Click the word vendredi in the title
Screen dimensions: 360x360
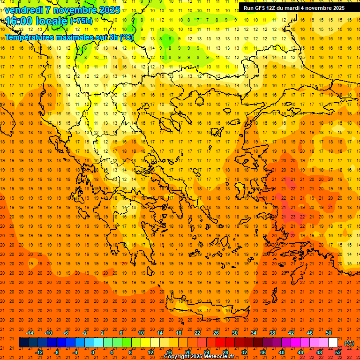pyautogui.click(x=24, y=9)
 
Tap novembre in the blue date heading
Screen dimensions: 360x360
pyautogui.click(x=72, y=9)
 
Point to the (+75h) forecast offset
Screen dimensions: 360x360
pyautogui.click(x=81, y=21)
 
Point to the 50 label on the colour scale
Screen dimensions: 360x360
pyautogui.click(x=328, y=333)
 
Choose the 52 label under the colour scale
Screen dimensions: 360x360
pyautogui.click(x=338, y=352)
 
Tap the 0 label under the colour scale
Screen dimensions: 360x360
pyautogui.click(x=92, y=352)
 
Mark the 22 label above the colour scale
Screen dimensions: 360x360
pyautogui.click(x=197, y=333)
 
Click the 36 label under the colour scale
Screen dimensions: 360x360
pyautogui.click(x=263, y=352)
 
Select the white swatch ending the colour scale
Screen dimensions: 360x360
pyautogui.click(x=333, y=343)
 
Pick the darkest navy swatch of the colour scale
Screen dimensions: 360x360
pyautogui.click(x=23, y=343)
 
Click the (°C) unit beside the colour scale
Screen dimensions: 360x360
pyautogui.click(x=349, y=343)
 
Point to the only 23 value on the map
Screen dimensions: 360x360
pyautogui.click(x=292, y=217)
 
